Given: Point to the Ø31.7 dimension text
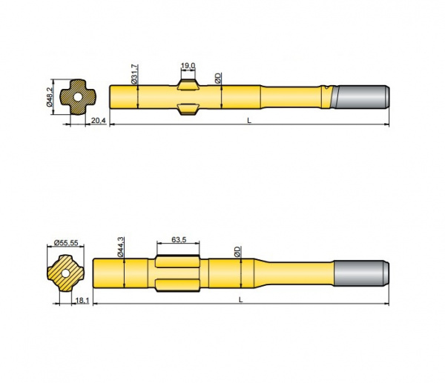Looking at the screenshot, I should pos(134,74).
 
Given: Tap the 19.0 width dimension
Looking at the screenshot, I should pos(188,66).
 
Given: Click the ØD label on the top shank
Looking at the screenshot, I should pos(217,78).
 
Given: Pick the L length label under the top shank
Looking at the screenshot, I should pos(248,120).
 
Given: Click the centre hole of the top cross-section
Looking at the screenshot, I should pos(74,97).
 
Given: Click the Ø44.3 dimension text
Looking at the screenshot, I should pos(119,247).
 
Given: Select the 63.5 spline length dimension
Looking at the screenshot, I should pos(178,240).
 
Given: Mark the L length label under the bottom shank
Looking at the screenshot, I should pos(243,299).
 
